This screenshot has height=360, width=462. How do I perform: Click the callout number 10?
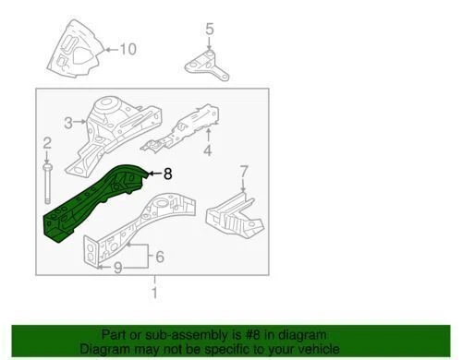coord(128,48)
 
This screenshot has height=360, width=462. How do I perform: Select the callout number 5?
coord(209,29)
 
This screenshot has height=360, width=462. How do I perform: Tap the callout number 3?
coord(67,123)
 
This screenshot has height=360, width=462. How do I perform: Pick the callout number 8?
coord(167,172)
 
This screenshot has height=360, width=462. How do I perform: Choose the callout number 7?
coord(244,171)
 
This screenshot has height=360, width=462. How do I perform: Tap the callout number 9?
coord(117,268)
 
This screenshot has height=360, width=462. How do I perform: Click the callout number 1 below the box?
coord(154,294)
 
